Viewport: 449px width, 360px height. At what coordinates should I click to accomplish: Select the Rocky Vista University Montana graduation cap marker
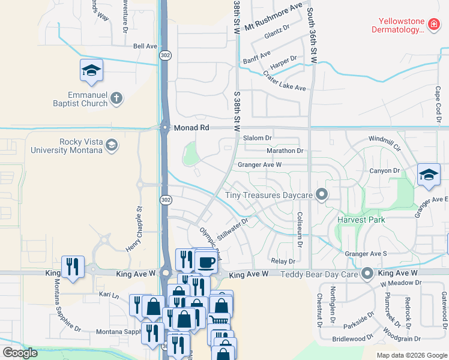pyautogui.click(x=111, y=145)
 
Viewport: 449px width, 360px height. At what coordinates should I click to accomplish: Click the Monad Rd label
pyautogui.click(x=191, y=128)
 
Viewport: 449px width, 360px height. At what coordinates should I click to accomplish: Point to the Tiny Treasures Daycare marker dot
pyautogui.click(x=322, y=195)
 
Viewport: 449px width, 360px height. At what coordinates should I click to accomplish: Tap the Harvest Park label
pyautogui.click(x=361, y=220)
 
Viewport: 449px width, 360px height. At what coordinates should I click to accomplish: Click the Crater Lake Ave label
pyautogui.click(x=285, y=81)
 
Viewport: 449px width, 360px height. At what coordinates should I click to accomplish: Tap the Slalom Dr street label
pyautogui.click(x=258, y=138)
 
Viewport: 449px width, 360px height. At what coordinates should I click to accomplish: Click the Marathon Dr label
pyautogui.click(x=285, y=151)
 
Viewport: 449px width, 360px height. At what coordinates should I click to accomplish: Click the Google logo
pyautogui.click(x=20, y=353)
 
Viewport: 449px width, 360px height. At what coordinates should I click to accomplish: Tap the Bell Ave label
pyautogui.click(x=145, y=46)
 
